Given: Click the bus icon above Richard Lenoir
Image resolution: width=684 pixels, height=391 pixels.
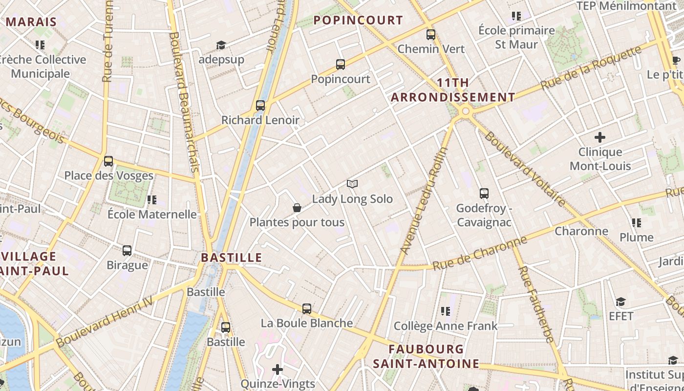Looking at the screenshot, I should (x=260, y=105).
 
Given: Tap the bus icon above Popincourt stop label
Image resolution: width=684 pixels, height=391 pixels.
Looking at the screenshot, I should (x=341, y=64).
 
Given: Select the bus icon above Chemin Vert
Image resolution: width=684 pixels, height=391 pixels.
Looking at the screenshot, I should (x=430, y=34).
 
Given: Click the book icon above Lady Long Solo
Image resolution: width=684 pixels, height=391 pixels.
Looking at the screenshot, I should (x=352, y=184).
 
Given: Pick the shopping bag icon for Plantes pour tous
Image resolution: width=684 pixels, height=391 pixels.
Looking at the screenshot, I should (x=297, y=208).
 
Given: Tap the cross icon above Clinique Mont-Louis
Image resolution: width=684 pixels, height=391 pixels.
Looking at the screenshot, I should (x=600, y=137).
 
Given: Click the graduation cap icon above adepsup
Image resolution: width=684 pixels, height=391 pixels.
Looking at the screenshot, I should (x=221, y=45).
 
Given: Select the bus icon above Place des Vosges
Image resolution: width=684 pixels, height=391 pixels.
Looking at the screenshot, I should (x=108, y=161).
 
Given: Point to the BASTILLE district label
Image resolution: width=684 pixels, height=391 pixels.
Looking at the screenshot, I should (x=232, y=258).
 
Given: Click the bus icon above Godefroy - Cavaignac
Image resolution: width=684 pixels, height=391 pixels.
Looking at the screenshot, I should (x=484, y=193).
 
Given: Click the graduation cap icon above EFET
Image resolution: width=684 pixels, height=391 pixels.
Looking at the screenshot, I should (x=620, y=302).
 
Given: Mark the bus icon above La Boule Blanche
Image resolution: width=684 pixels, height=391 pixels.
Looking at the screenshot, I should (x=306, y=308).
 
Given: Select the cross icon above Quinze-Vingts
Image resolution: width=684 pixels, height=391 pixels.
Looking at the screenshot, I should (x=278, y=369).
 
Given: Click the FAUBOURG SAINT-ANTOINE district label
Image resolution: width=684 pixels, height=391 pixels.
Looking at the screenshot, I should (x=426, y=356).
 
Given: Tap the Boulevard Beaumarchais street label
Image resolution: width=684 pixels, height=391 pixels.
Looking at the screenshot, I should (x=184, y=102).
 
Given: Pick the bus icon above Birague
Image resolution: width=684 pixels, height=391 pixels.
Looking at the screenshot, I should (x=127, y=250).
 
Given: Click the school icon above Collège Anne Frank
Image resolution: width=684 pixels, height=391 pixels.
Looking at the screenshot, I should (x=445, y=311).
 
